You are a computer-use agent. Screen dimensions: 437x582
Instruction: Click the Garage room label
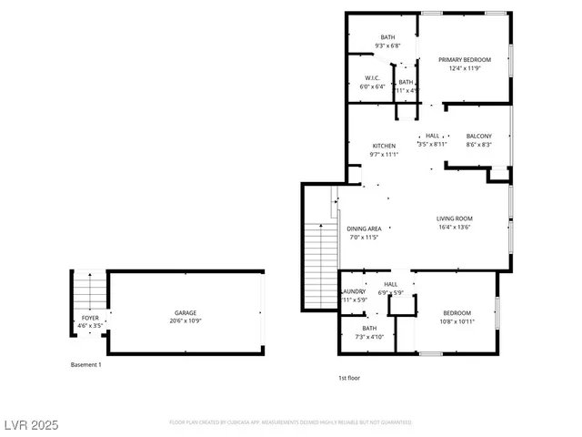186,312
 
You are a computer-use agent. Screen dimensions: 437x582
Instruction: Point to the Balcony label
479,136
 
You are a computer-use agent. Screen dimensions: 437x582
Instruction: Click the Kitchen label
384,146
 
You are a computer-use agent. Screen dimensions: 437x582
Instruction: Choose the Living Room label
455,218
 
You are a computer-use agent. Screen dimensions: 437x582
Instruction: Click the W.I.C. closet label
372,78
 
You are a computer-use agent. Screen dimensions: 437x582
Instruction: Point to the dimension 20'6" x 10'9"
186,321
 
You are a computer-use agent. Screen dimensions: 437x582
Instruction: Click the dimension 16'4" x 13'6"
455,228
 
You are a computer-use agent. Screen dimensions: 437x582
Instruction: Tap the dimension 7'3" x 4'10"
369,337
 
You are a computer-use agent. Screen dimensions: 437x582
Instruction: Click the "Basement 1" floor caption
86,364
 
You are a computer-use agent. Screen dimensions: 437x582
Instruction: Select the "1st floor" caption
349,377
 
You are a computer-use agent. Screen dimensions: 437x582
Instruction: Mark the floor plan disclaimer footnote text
291,422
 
